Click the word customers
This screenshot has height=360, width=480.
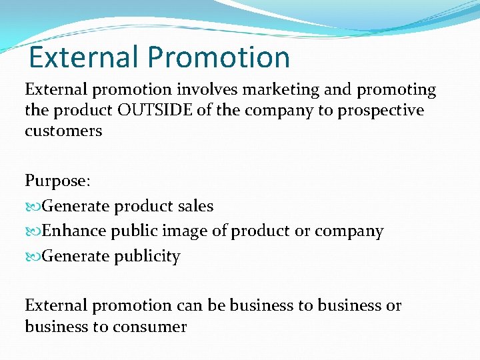point(63,131)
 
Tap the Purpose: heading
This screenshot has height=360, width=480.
point(57,181)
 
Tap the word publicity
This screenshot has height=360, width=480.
point(148,257)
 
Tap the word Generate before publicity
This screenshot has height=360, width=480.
point(75,256)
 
